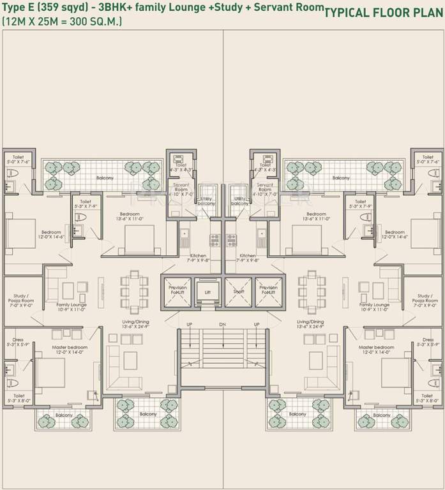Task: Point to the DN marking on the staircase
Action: pos(222,325)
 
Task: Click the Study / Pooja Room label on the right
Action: pos(424,301)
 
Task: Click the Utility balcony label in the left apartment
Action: pos(206,202)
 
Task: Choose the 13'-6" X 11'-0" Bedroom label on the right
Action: pos(316,217)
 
